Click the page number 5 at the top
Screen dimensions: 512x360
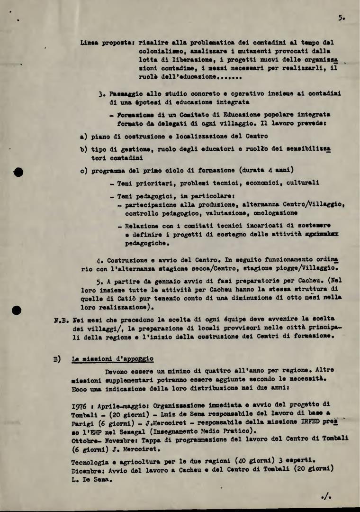pyautogui.click(x=341, y=18)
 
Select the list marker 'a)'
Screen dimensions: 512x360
pyautogui.click(x=84, y=136)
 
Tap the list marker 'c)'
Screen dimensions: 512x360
pyautogui.click(x=84, y=170)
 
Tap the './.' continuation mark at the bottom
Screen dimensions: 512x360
pyautogui.click(x=326, y=496)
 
